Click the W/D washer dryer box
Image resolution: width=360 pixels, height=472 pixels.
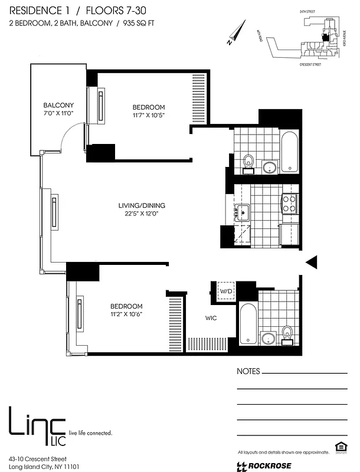225,291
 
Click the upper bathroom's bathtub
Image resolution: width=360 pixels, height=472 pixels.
290,152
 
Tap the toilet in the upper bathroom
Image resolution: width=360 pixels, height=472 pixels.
249,160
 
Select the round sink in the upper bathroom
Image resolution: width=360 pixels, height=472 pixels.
270,167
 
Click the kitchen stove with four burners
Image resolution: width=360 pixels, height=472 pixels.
289,204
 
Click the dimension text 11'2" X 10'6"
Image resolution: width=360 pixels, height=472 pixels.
126,314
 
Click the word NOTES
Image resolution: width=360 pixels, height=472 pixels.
248,372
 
